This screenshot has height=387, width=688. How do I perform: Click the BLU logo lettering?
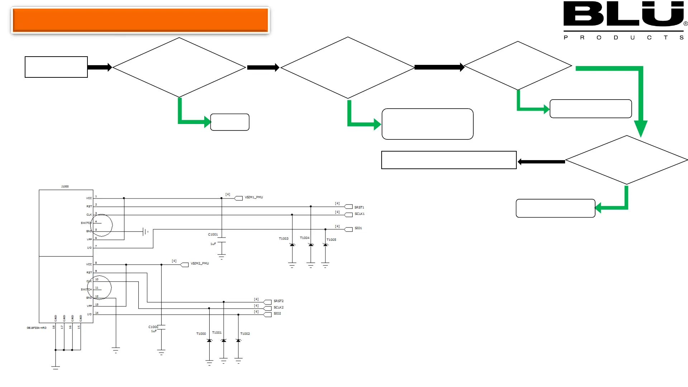pyautogui.click(x=623, y=14)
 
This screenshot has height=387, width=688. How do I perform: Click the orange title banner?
pyautogui.click(x=140, y=20)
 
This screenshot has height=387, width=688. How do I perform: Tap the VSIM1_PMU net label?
pyautogui.click(x=254, y=197)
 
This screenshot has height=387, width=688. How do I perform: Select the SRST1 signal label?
pyautogui.click(x=359, y=207)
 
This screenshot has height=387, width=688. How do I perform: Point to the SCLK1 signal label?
pyautogui.click(x=359, y=214)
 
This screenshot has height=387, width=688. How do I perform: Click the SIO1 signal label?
pyautogui.click(x=358, y=228)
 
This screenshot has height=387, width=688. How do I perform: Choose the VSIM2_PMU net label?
pyautogui.click(x=200, y=263)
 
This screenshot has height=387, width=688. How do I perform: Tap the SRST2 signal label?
pyautogui.click(x=278, y=301)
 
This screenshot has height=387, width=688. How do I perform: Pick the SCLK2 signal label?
pyautogui.click(x=278, y=307)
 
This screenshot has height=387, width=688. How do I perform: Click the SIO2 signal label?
pyautogui.click(x=277, y=314)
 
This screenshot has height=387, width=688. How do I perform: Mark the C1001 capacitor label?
pyautogui.click(x=213, y=234)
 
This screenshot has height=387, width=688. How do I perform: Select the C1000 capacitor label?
pyautogui.click(x=153, y=327)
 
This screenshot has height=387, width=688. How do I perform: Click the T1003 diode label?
pyautogui.click(x=283, y=239)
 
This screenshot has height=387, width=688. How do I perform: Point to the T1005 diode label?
pyautogui.click(x=331, y=240)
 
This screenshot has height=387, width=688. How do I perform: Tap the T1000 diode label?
pyautogui.click(x=201, y=334)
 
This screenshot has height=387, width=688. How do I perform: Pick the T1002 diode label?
pyautogui.click(x=245, y=334)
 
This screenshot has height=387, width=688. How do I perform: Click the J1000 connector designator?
pyautogui.click(x=65, y=187)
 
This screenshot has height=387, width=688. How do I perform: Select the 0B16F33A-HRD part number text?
pyautogui.click(x=37, y=328)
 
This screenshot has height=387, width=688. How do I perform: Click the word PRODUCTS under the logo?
pyautogui.click(x=623, y=38)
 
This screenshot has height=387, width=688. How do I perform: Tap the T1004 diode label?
pyautogui.click(x=305, y=238)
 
